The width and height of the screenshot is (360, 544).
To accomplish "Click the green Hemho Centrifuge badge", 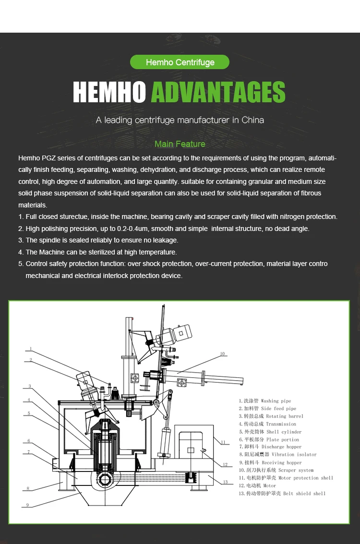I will (180, 62).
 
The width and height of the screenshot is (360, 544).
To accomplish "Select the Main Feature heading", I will (180, 144).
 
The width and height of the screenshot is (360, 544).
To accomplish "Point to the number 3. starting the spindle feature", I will (21, 240).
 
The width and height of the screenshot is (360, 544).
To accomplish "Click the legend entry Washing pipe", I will (276, 401).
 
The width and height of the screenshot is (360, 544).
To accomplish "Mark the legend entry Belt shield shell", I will (304, 494).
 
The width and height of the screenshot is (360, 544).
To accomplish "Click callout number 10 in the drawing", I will (222, 354).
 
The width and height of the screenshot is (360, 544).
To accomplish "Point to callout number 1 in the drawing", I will (30, 349).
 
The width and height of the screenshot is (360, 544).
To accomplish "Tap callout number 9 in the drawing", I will (27, 505).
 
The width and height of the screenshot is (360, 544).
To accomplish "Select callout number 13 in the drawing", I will (225, 482).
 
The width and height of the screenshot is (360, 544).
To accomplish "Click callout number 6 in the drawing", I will (29, 441).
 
